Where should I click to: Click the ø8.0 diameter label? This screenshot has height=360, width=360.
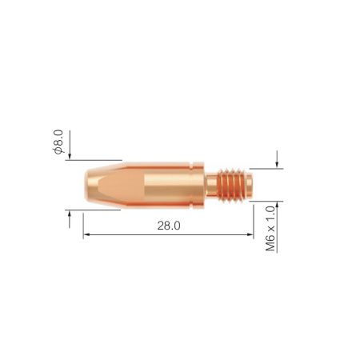pos(58,138)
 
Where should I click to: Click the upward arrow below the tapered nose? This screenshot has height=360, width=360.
pos(70,217)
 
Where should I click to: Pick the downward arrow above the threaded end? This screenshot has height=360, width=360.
pos(277,158)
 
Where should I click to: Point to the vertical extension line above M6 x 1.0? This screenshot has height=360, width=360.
pos(254,210)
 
